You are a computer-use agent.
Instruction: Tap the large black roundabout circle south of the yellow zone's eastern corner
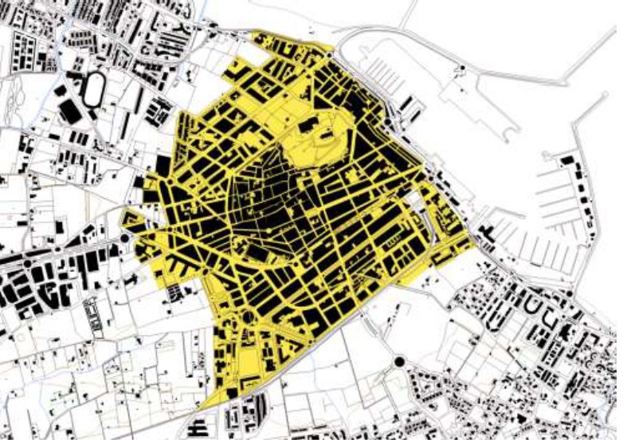point(398,363)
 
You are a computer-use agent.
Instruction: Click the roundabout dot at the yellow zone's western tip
point(125,238)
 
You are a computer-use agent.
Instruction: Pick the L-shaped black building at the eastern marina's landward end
point(487,234)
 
